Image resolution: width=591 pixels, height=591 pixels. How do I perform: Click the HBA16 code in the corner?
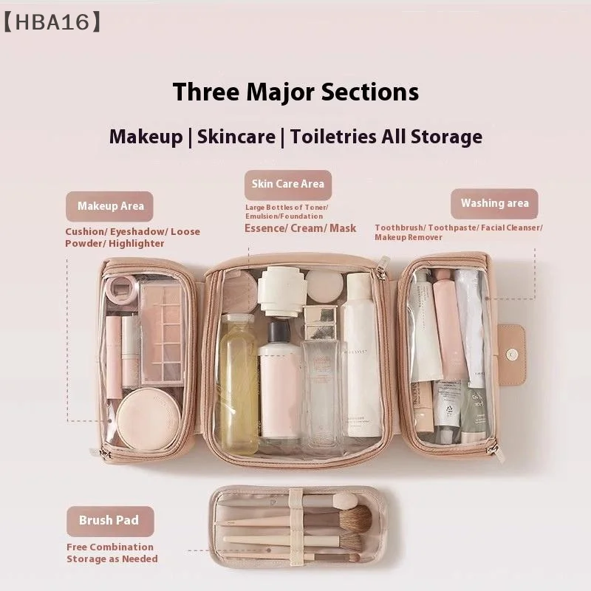tap(51, 22)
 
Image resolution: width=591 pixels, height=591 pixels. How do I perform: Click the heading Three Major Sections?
tap(295, 92)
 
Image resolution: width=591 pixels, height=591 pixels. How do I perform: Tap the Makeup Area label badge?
tap(110, 206)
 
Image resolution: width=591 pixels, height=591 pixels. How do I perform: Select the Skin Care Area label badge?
tap(287, 184)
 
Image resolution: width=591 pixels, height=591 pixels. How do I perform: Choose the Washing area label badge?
tap(494, 203)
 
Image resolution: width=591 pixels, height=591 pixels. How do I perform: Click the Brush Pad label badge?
tap(109, 520)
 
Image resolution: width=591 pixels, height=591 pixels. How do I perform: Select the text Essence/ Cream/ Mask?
tap(300, 228)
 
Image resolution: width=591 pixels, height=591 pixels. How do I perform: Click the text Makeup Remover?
tap(409, 237)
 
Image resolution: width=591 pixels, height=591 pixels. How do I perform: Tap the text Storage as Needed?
tap(112, 558)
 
